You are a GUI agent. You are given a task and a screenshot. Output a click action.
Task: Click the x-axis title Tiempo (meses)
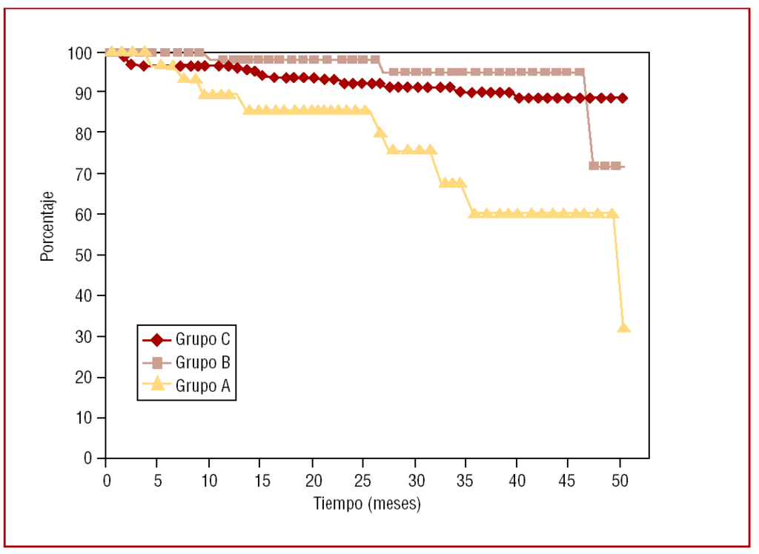pyautogui.click(x=367, y=504)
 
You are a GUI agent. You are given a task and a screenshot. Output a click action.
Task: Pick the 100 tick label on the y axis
pyautogui.click(x=82, y=53)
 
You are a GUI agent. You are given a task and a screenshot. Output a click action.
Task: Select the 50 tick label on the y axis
pyautogui.click(x=85, y=255)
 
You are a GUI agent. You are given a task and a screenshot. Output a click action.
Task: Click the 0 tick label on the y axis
pyautogui.click(x=89, y=458)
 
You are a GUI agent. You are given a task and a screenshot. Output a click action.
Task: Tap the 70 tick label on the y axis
pyautogui.click(x=85, y=173)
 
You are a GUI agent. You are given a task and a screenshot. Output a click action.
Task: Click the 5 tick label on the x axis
pyautogui.click(x=157, y=479)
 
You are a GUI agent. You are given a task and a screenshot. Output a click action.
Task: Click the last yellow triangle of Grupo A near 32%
pyautogui.click(x=623, y=327)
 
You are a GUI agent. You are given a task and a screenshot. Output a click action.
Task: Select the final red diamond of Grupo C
pyautogui.click(x=623, y=98)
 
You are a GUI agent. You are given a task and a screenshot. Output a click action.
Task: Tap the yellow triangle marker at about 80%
pyautogui.click(x=379, y=132)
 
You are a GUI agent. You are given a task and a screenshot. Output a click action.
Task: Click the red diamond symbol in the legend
pyautogui.click(x=156, y=340)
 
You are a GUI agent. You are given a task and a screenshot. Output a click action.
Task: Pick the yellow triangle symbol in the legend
pyautogui.click(x=156, y=384)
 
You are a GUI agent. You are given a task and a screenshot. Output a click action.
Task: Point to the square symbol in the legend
pyautogui.click(x=156, y=363)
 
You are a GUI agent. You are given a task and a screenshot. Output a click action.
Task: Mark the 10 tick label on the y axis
pyautogui.click(x=85, y=418)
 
